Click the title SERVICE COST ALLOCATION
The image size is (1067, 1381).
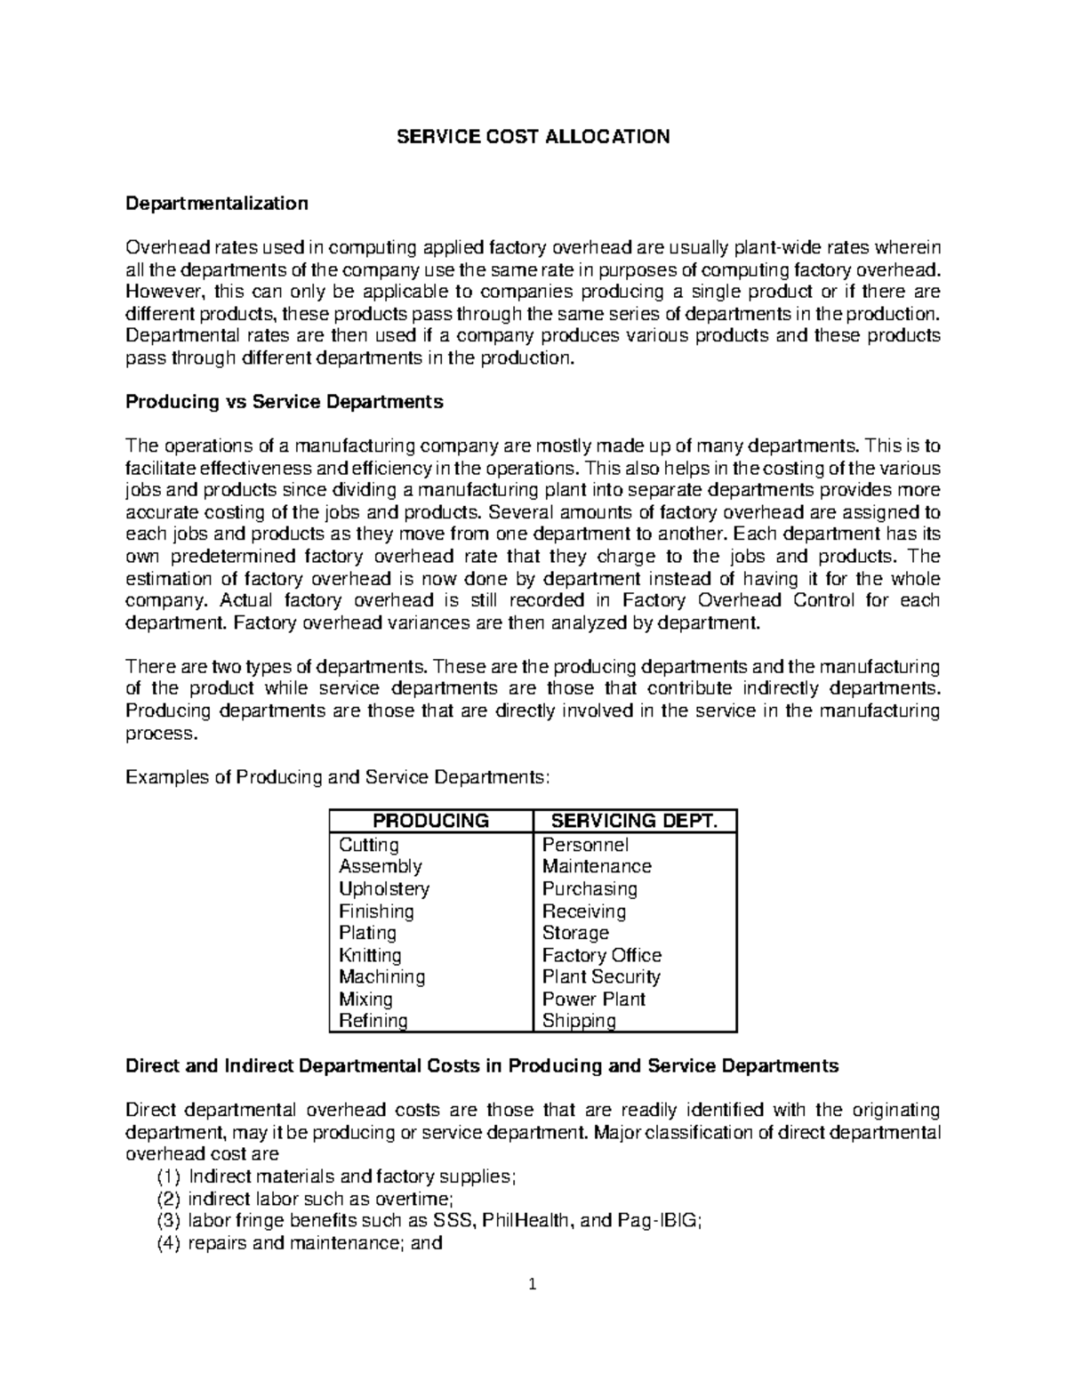[x=533, y=137]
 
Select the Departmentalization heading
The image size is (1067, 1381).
[x=217, y=204]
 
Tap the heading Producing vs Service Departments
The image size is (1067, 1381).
[x=284, y=402]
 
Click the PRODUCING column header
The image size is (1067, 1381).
[x=430, y=821]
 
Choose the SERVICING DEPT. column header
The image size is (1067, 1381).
[x=635, y=821]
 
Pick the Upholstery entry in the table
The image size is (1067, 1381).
[x=383, y=889]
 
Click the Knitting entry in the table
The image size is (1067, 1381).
[x=370, y=955]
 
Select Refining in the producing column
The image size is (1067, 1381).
[x=373, y=1021]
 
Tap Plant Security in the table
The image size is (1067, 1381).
[x=601, y=976]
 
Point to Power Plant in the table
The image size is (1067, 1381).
[x=593, y=999]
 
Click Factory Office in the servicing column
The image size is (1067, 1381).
[x=602, y=955]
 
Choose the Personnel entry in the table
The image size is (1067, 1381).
[x=585, y=845]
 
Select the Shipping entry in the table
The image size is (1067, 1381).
[x=579, y=1021]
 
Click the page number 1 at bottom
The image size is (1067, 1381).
[x=533, y=1284]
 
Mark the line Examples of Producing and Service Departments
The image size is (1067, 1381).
[x=338, y=777]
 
